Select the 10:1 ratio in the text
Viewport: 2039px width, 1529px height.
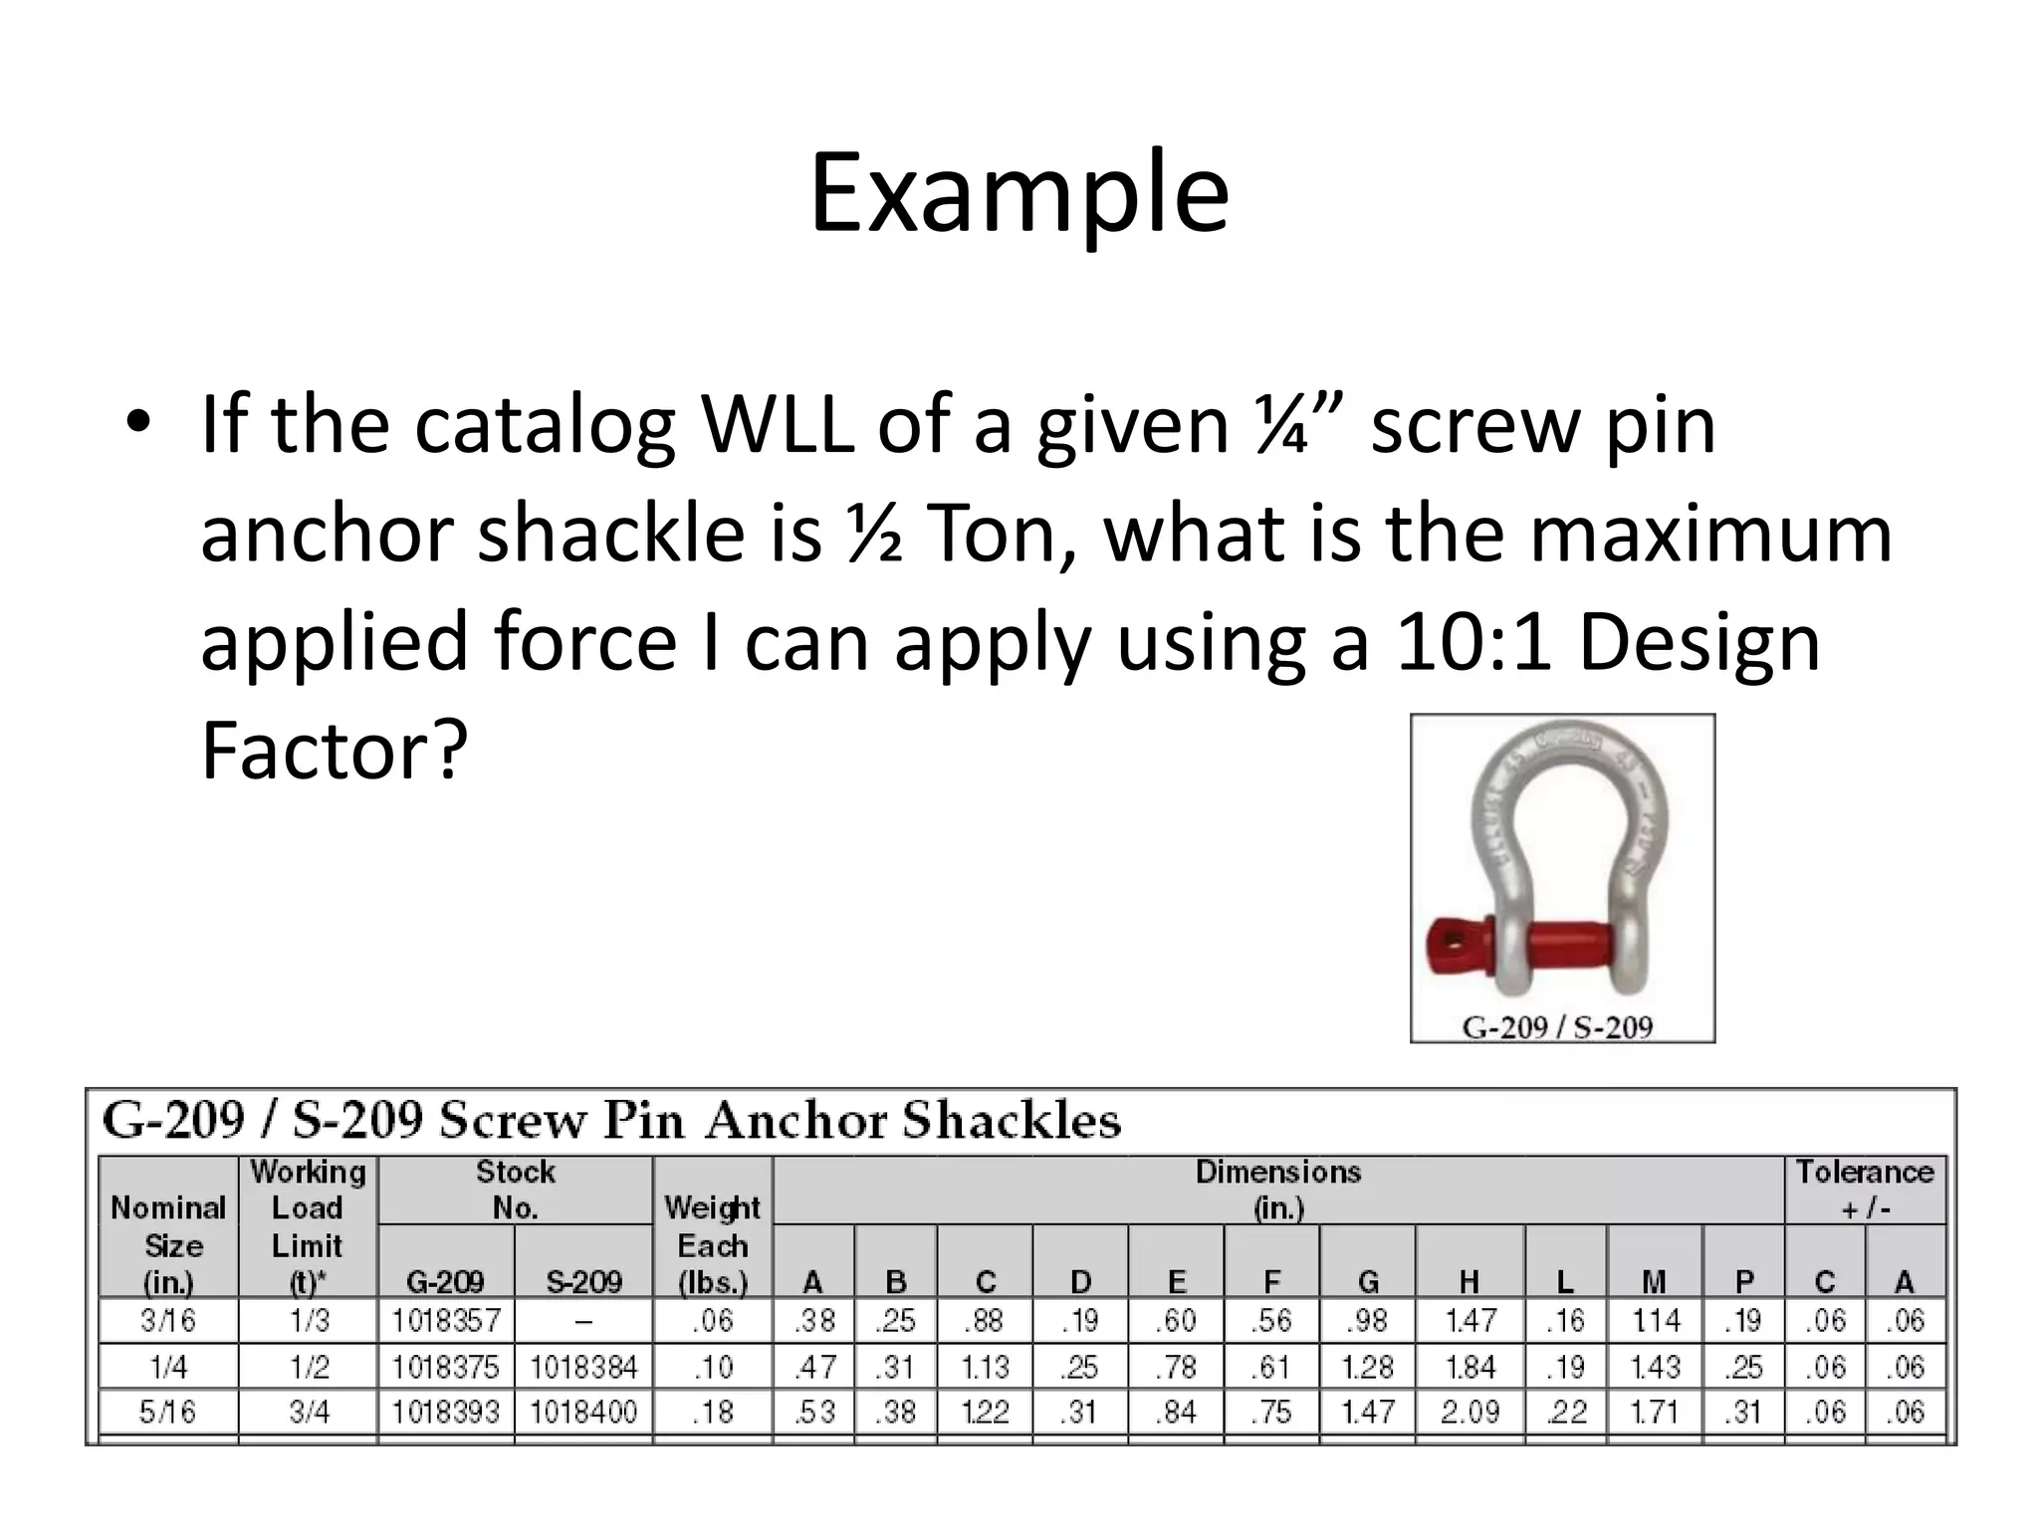coord(1473,642)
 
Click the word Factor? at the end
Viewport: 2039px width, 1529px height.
coord(334,750)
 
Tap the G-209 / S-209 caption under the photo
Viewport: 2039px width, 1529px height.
coord(1557,1026)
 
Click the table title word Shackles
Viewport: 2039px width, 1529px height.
coord(1012,1121)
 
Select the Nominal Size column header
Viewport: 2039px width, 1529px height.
coord(168,1244)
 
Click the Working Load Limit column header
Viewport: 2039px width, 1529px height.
coord(308,1226)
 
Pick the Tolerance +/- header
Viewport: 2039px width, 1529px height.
coord(1864,1190)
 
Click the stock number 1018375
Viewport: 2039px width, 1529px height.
coord(445,1367)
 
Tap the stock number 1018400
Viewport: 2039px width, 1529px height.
coord(583,1412)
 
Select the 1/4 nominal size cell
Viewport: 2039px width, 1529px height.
coord(168,1367)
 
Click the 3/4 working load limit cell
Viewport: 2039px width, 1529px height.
coord(309,1412)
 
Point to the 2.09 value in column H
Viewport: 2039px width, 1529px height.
coord(1470,1412)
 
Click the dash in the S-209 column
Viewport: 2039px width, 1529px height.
coord(583,1322)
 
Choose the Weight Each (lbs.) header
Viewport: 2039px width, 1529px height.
coord(712,1244)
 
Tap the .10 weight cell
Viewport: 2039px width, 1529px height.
coord(712,1367)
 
